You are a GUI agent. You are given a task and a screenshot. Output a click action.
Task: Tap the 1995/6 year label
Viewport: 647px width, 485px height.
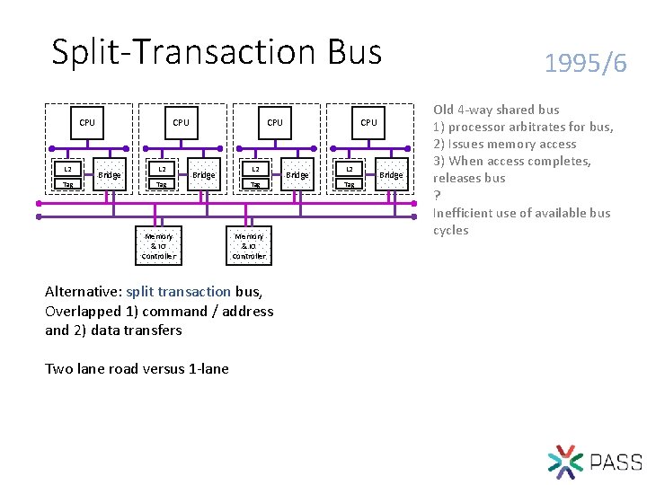(x=586, y=63)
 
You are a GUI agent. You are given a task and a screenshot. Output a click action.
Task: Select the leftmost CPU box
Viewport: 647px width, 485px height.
(x=87, y=123)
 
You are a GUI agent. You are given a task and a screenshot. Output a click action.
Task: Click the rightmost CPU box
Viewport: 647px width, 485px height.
(x=368, y=123)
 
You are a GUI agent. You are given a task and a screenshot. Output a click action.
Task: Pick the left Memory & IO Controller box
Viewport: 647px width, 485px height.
(x=158, y=245)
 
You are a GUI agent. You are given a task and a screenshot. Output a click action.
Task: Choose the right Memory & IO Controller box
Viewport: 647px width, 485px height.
(x=249, y=245)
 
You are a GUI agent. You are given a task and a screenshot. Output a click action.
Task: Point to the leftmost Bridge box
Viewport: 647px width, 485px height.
(x=110, y=174)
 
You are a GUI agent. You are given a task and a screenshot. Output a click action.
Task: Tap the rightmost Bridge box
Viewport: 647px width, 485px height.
(x=391, y=174)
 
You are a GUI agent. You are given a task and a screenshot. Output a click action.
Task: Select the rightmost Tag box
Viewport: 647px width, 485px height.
(x=349, y=184)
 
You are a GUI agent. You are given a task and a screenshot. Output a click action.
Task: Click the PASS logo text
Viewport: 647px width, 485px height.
(x=616, y=463)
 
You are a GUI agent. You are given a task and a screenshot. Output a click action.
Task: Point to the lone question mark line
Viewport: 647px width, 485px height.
(x=437, y=196)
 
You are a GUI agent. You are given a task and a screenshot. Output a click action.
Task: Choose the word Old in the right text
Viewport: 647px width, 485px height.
(x=444, y=110)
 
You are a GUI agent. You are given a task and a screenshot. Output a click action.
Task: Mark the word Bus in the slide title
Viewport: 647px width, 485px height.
(x=355, y=52)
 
